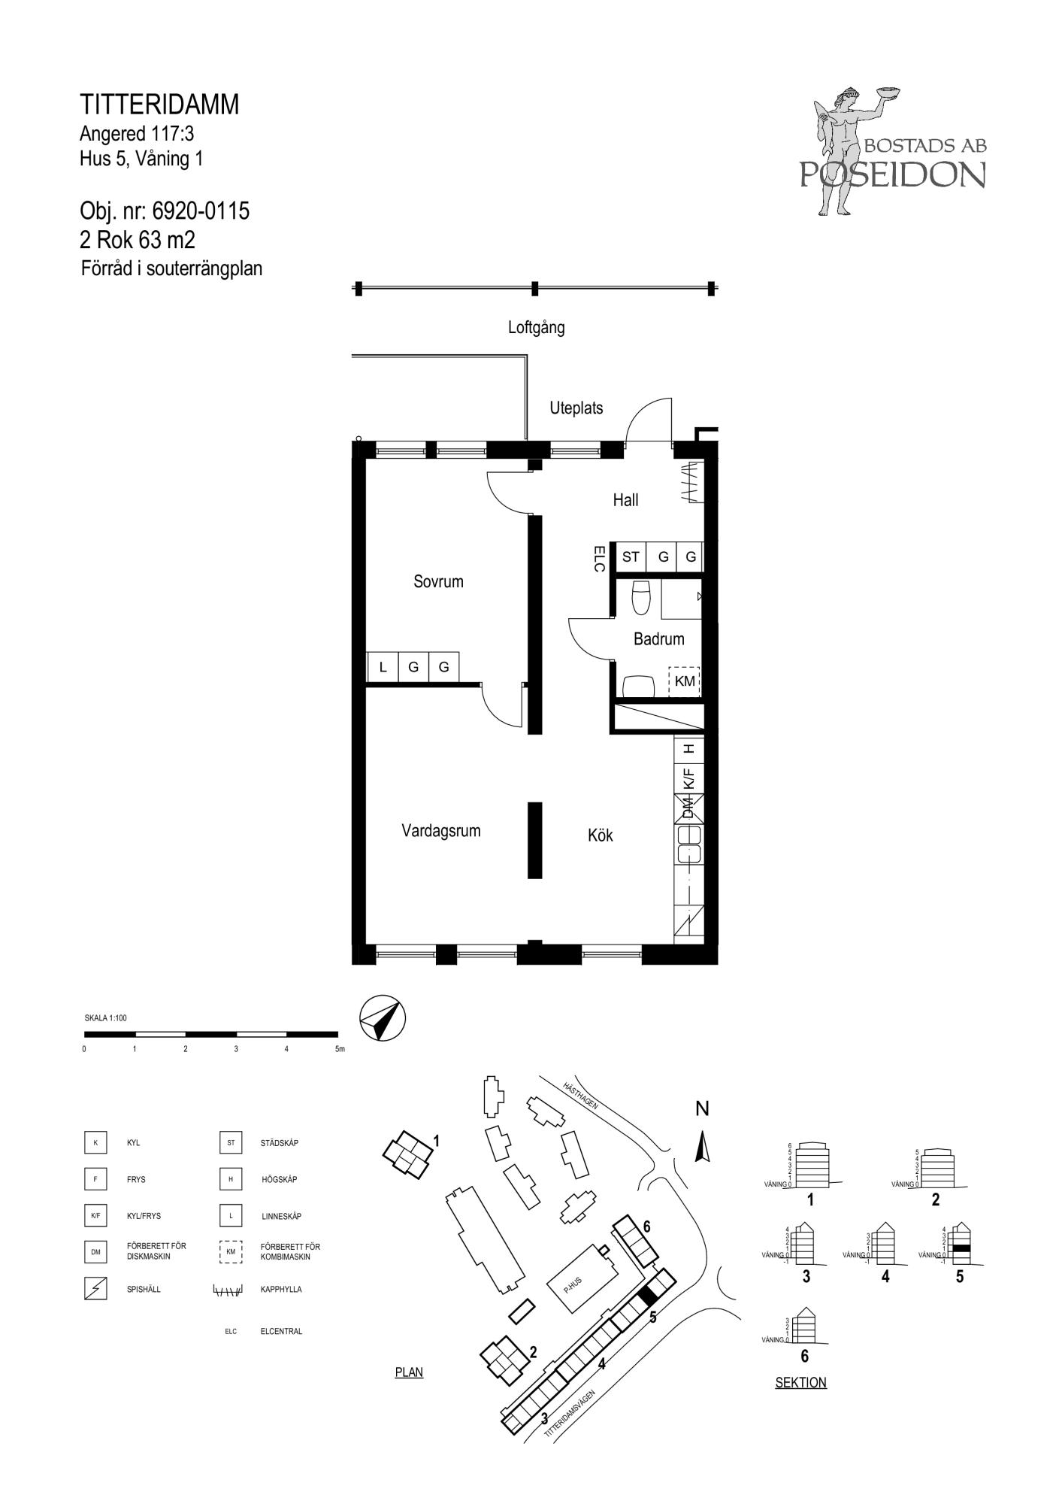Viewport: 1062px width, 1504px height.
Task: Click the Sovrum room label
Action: pos(438,581)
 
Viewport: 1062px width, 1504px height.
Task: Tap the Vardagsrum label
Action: pos(440,831)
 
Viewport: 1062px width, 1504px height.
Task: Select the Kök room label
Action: pos(601,835)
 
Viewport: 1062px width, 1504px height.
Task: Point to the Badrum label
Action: pos(659,639)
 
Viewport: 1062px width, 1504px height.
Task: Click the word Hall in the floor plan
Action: pos(625,500)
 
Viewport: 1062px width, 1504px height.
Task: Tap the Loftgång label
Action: pos(536,328)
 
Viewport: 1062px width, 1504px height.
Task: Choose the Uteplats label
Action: pos(576,408)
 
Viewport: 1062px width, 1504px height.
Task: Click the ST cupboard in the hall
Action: pos(631,557)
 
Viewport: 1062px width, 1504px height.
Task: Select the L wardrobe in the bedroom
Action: pos(383,667)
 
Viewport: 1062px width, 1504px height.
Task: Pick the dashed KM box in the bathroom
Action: pos(685,682)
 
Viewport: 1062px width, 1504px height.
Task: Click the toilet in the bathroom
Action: pos(641,597)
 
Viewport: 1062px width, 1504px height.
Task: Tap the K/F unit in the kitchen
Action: pos(688,778)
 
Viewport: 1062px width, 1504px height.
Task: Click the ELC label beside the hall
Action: pos(599,559)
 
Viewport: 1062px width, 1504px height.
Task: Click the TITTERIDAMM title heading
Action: pos(159,105)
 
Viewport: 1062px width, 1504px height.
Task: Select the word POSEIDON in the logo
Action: pos(893,174)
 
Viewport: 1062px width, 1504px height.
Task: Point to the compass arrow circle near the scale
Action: pos(383,1018)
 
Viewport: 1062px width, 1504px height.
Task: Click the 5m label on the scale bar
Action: pos(340,1049)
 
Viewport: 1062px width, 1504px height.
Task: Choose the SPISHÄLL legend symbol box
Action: pos(95,1289)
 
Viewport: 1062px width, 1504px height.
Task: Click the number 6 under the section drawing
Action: pos(805,1356)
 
